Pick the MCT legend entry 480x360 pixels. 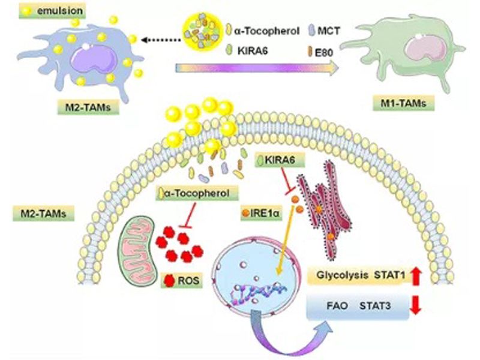326,29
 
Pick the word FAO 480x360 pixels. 338,306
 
